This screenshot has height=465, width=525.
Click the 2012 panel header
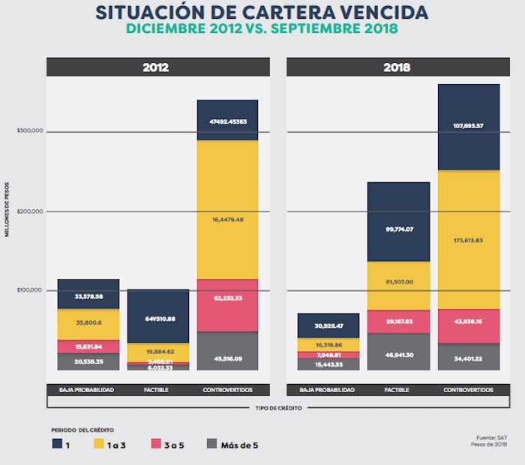point(155,67)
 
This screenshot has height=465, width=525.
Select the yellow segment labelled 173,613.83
point(468,240)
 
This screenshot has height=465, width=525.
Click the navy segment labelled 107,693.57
point(468,127)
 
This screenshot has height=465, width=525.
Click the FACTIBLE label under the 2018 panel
point(398,390)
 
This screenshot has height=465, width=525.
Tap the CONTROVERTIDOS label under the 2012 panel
point(226,390)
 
